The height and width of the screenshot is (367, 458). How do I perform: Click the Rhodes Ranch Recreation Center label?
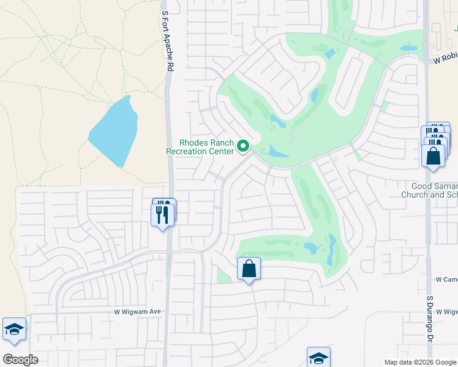click(x=200, y=146)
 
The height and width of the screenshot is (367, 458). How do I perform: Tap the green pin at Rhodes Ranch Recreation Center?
click(x=243, y=146)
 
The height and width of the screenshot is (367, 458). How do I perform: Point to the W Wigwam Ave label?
click(x=137, y=311)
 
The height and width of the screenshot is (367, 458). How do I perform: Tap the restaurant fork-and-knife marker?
click(x=163, y=215)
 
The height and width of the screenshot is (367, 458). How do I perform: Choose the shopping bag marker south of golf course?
click(x=249, y=269)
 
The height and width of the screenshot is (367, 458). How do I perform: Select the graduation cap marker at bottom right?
click(x=318, y=358)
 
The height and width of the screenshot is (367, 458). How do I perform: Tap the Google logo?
click(x=20, y=360)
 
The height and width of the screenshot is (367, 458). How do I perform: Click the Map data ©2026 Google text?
click(x=420, y=362)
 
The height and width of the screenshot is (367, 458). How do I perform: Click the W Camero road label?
click(x=446, y=279)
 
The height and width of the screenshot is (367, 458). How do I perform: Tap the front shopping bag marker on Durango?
click(x=434, y=156)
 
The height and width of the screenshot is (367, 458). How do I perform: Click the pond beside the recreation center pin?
click(x=279, y=151)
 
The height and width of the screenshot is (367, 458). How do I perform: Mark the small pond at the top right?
click(x=409, y=47)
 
